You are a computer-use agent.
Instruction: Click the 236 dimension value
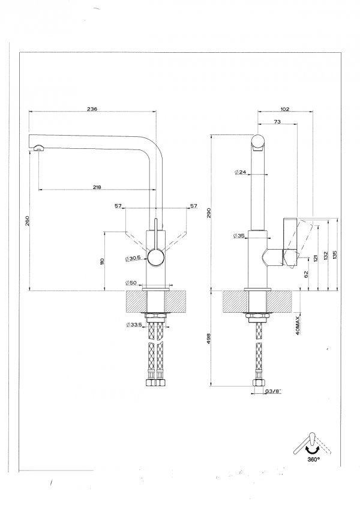tap(92, 109)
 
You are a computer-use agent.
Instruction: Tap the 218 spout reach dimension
tap(97, 187)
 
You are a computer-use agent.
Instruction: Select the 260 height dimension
tap(27, 220)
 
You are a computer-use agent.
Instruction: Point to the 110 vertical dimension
tap(102, 262)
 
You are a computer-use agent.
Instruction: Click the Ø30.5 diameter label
tap(133, 258)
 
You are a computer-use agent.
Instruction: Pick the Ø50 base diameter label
tap(131, 283)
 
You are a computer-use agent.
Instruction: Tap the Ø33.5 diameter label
tap(134, 325)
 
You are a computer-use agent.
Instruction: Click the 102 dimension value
tap(284, 109)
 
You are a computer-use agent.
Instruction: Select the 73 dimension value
tap(277, 122)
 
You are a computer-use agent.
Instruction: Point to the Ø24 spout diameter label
tap(240, 172)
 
